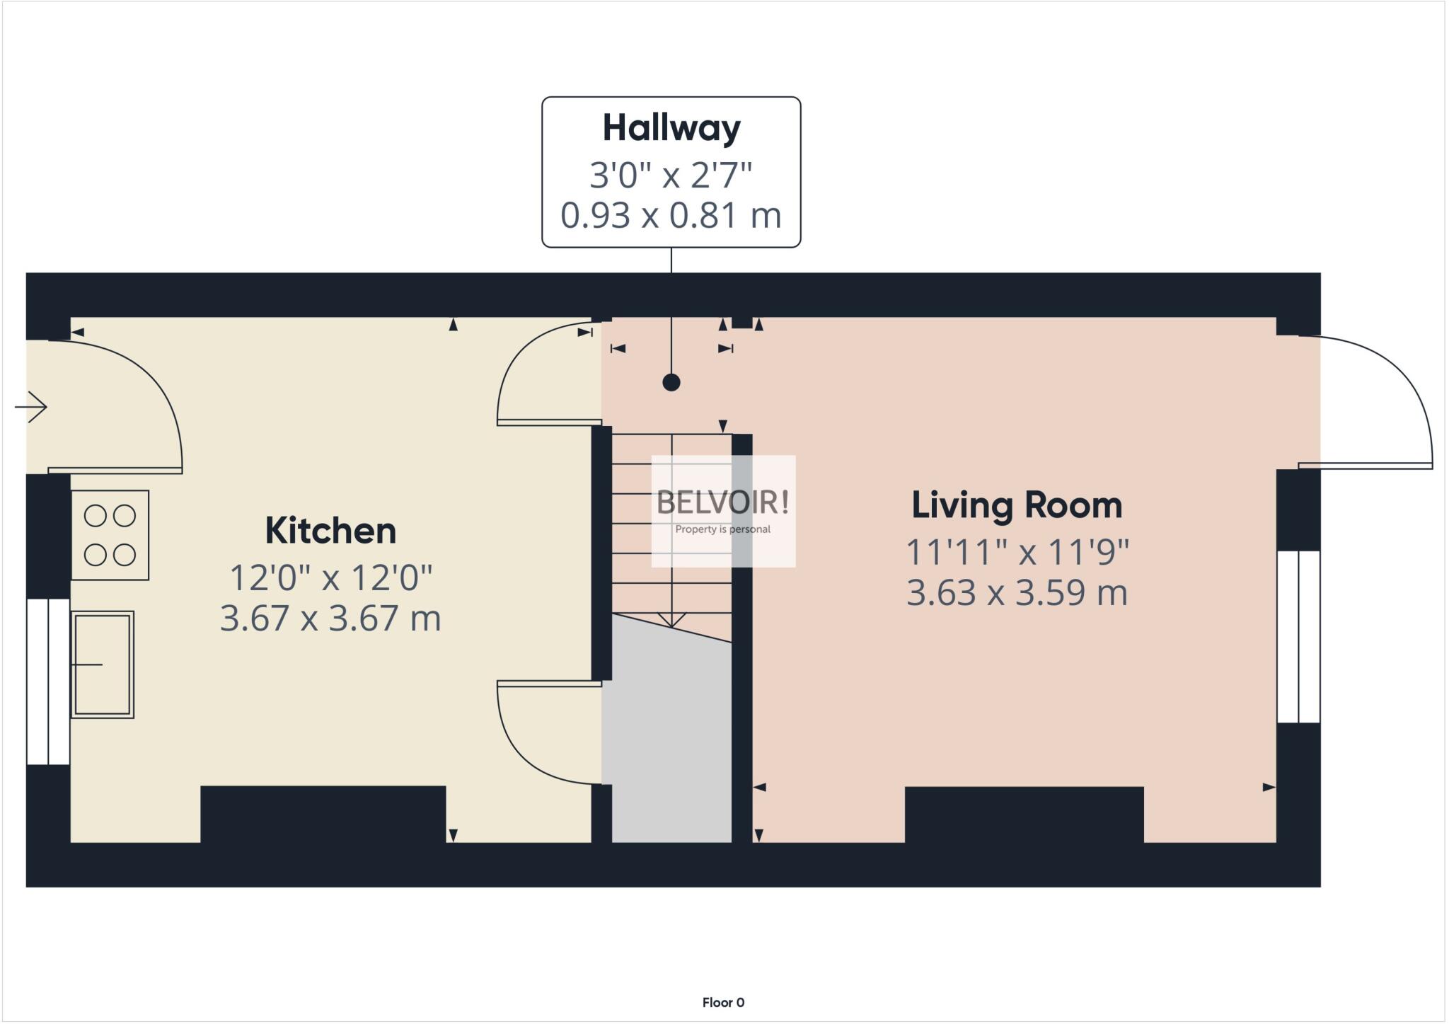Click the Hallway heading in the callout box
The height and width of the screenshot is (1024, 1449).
671,128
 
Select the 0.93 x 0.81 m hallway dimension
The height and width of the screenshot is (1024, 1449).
671,215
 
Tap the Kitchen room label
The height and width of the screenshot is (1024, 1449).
330,531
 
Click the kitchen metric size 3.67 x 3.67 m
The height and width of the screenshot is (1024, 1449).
330,618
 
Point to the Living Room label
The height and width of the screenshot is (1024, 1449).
1017,505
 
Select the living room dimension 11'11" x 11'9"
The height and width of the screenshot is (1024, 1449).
1017,552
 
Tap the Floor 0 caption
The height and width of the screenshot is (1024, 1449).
723,1002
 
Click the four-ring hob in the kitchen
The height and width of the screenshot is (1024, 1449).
110,535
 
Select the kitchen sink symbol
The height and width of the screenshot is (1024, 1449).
103,665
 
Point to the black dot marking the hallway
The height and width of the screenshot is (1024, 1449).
671,383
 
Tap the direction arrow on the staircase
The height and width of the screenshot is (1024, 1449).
671,619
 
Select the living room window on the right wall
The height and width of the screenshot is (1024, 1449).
1298,636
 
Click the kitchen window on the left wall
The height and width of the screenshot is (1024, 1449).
48,681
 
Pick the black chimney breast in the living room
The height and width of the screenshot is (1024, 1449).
1024,814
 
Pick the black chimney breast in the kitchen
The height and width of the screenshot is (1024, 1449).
323,814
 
